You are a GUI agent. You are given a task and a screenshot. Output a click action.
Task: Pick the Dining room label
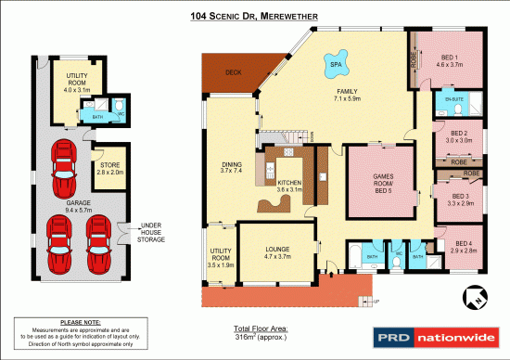pos(229,167)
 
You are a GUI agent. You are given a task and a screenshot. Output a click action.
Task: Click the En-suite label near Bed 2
pos(453,97)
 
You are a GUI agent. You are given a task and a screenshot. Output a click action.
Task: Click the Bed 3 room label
pos(461,199)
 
